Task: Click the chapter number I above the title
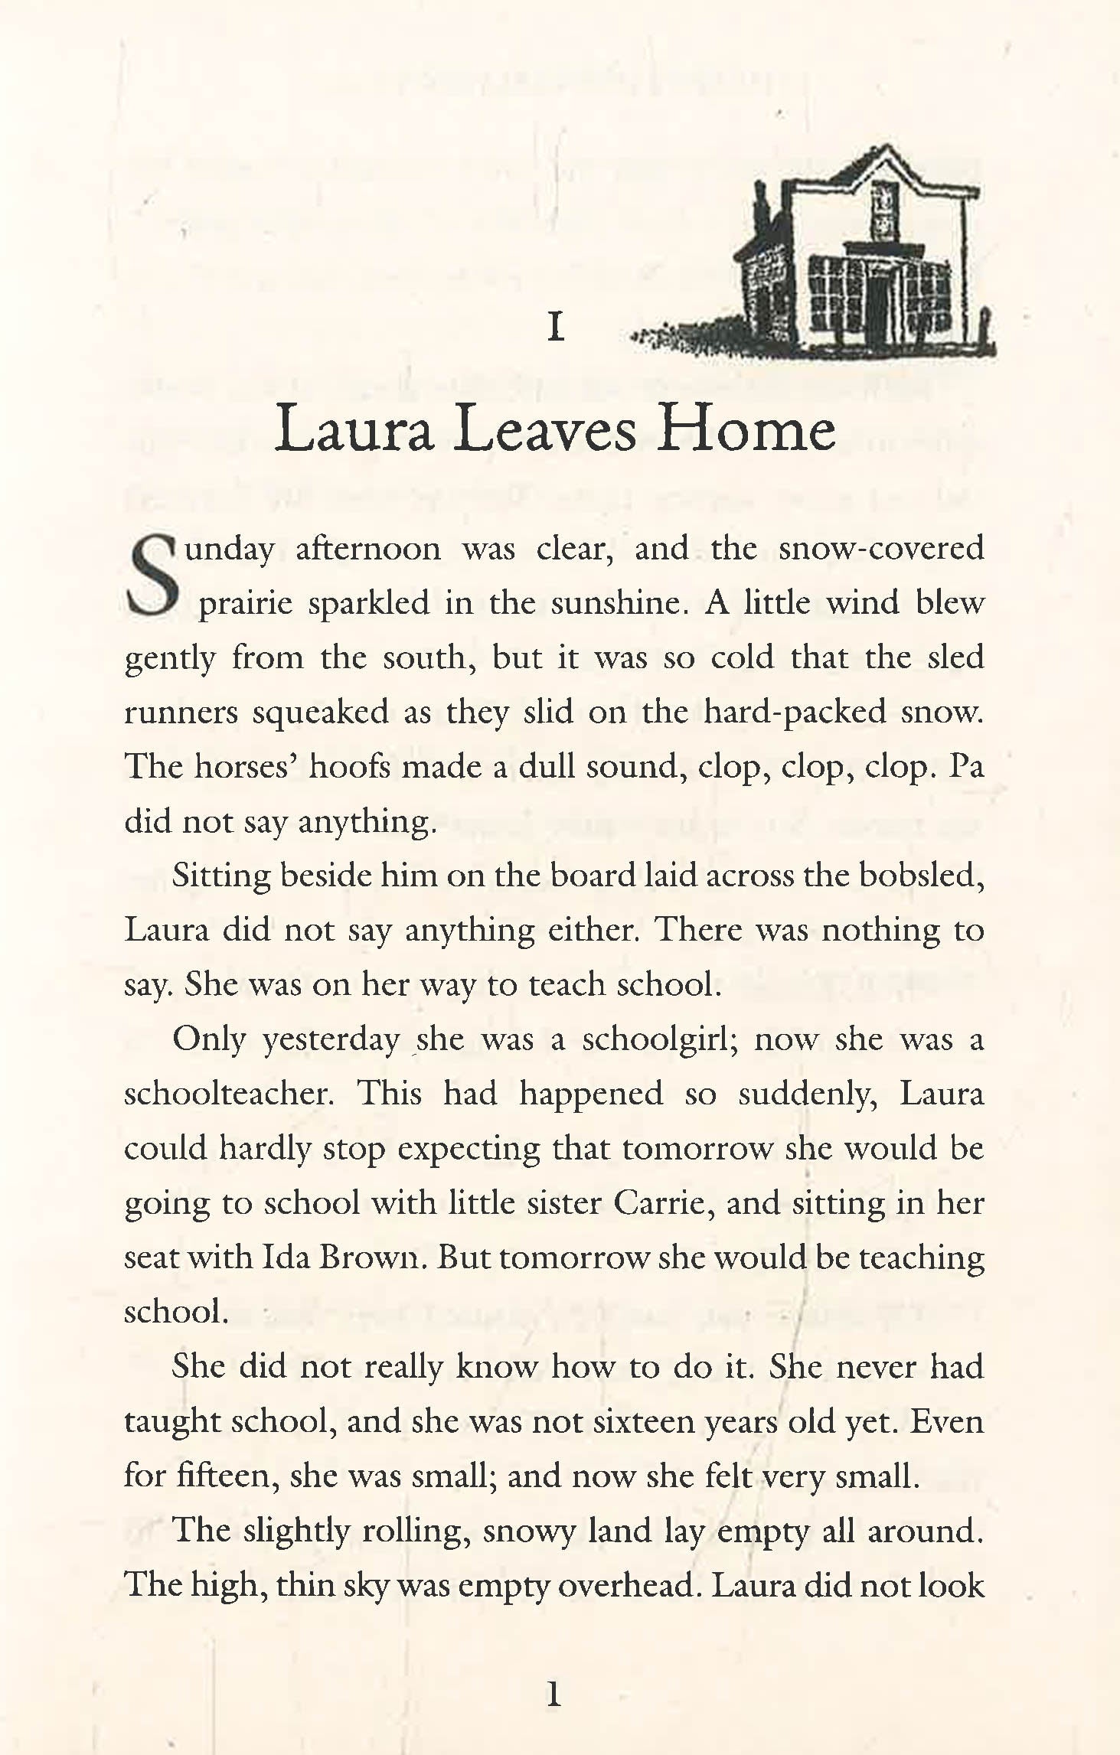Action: [557, 328]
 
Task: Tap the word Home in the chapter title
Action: [746, 430]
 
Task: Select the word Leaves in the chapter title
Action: [544, 430]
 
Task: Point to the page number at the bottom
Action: [555, 1695]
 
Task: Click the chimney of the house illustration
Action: [762, 207]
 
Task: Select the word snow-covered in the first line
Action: [880, 549]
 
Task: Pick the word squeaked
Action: [320, 713]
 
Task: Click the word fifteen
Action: [224, 1476]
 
